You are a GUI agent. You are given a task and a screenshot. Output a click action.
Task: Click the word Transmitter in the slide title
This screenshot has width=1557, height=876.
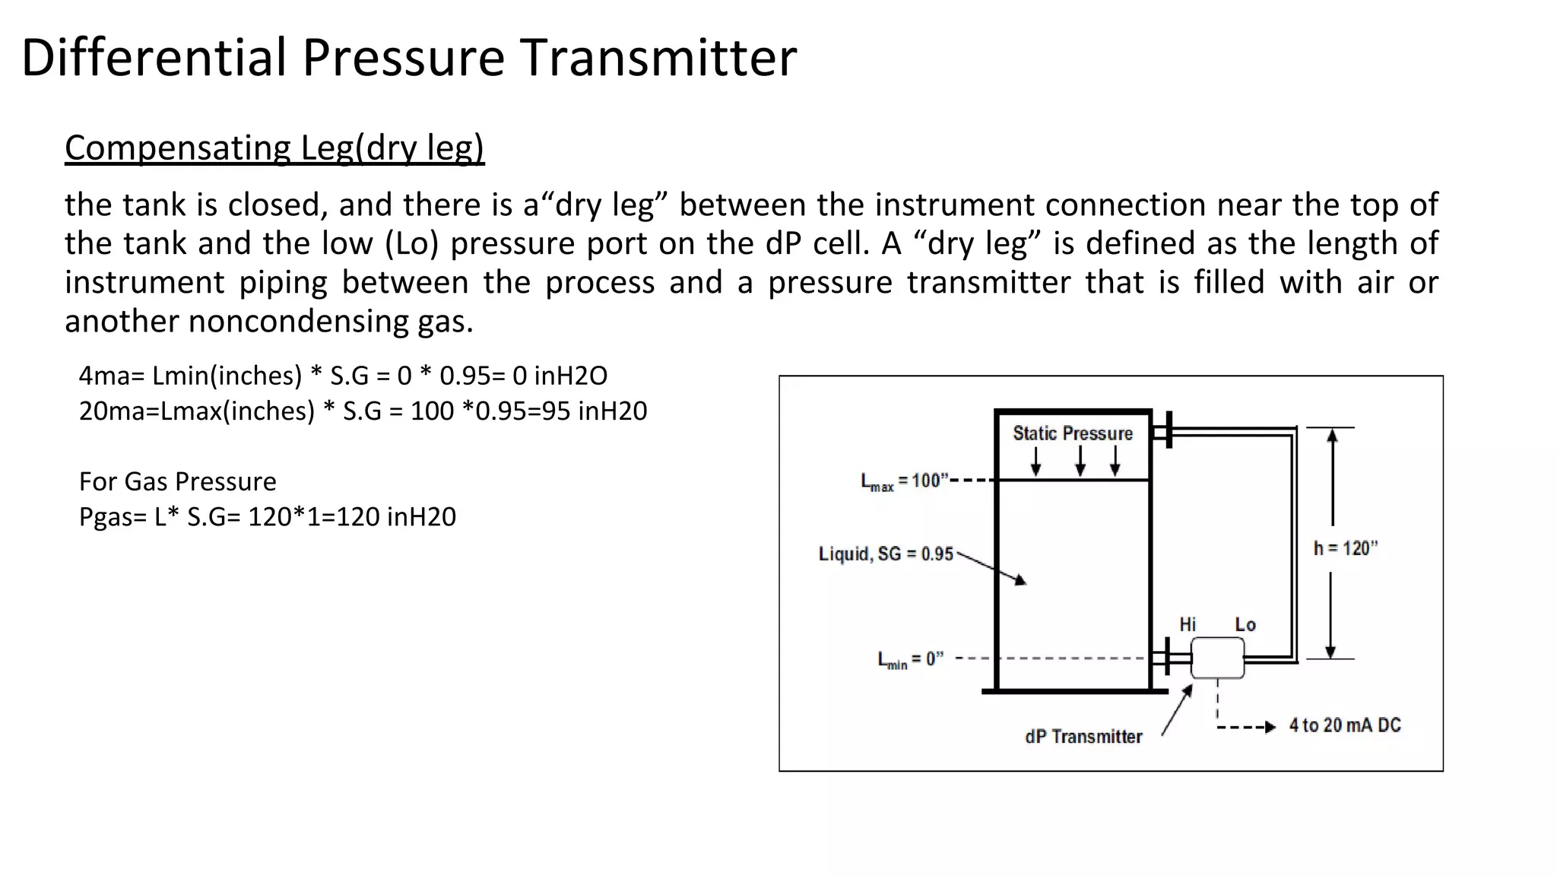click(659, 58)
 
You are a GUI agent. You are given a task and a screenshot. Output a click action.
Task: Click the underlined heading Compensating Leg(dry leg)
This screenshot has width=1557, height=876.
click(274, 148)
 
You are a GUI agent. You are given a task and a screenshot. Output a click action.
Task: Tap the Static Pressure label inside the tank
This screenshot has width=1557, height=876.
click(1072, 433)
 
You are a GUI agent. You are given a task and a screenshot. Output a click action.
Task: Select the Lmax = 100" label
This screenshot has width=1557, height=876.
click(904, 481)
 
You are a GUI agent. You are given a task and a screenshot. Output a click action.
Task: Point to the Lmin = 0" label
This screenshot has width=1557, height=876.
click(910, 659)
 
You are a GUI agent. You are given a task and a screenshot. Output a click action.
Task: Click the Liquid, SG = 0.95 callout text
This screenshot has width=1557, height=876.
click(886, 554)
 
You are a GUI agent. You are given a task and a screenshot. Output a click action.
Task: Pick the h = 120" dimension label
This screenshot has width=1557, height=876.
click(1345, 548)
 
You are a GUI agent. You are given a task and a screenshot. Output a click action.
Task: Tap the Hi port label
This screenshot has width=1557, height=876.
click(1188, 625)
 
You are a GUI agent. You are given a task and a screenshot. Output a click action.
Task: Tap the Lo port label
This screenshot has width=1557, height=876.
click(1245, 625)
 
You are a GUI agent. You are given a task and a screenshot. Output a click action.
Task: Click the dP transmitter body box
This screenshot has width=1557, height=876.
click(1217, 658)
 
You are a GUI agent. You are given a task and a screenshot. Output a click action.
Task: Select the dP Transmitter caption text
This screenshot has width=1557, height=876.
click(1083, 737)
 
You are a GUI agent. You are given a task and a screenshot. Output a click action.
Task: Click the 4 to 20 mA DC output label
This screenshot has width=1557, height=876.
click(1344, 725)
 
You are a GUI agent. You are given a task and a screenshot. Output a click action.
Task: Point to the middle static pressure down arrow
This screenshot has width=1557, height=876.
click(1080, 461)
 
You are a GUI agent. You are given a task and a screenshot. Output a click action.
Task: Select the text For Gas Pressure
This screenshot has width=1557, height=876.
click(177, 481)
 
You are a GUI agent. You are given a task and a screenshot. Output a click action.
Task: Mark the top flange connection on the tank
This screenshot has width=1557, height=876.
click(1165, 430)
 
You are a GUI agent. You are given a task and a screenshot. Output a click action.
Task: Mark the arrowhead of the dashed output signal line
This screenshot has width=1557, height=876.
click(1270, 728)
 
